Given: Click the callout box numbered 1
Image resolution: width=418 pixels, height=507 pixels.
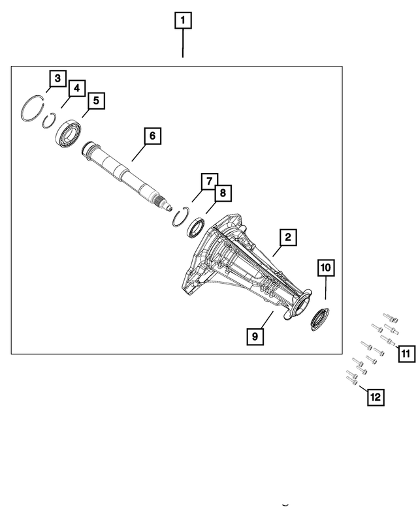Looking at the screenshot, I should click(x=182, y=21).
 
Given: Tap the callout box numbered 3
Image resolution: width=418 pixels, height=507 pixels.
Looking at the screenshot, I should click(x=57, y=79).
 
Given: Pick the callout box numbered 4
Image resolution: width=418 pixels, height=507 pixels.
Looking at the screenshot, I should click(x=76, y=87).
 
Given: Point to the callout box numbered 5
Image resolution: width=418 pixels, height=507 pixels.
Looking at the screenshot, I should click(x=95, y=100).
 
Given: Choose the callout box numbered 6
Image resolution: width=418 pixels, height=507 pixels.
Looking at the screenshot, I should click(x=152, y=136).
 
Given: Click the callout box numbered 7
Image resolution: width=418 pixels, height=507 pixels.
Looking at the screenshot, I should click(x=209, y=180).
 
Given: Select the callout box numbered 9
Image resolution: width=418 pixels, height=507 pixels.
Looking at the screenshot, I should click(x=254, y=336).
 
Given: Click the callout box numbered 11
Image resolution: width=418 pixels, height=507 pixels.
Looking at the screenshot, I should click(x=405, y=354).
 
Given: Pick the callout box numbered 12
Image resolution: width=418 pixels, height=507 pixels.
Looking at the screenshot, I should click(x=375, y=395).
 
